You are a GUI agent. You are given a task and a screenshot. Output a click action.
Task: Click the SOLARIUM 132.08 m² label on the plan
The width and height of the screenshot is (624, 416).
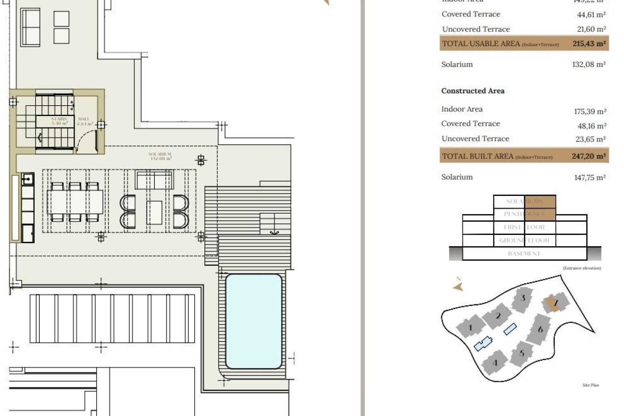pyautogui.click(x=160, y=156)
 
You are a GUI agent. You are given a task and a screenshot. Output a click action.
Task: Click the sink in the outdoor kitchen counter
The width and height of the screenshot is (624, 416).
pyautogui.click(x=28, y=179)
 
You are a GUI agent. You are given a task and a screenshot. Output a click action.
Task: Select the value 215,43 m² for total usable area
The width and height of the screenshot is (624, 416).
pyautogui.click(x=589, y=44)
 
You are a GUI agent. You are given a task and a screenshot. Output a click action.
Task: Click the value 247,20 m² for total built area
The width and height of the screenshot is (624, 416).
pyautogui.click(x=589, y=156)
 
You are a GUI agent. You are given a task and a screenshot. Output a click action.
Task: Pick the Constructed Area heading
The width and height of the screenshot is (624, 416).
pyautogui.click(x=473, y=91)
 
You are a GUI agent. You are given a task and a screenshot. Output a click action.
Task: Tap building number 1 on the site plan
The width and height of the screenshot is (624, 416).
pyautogui.click(x=470, y=328)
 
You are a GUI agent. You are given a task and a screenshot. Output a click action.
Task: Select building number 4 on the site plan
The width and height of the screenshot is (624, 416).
pyautogui.click(x=495, y=363)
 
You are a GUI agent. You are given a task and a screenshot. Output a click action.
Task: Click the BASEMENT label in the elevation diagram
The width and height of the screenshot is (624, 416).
pyautogui.click(x=524, y=253)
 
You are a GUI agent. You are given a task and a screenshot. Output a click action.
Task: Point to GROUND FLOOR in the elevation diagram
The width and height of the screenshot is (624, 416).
pyautogui.click(x=524, y=240)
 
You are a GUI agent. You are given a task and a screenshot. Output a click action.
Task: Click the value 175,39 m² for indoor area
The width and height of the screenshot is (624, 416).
pyautogui.click(x=590, y=111)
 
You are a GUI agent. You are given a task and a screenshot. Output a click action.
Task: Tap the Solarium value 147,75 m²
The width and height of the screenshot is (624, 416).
pyautogui.click(x=590, y=177)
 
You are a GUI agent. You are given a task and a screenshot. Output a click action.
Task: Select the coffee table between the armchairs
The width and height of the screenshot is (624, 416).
pyautogui.click(x=154, y=213)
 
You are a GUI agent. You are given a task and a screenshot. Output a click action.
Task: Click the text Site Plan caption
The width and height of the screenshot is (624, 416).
pyautogui.click(x=591, y=385)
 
